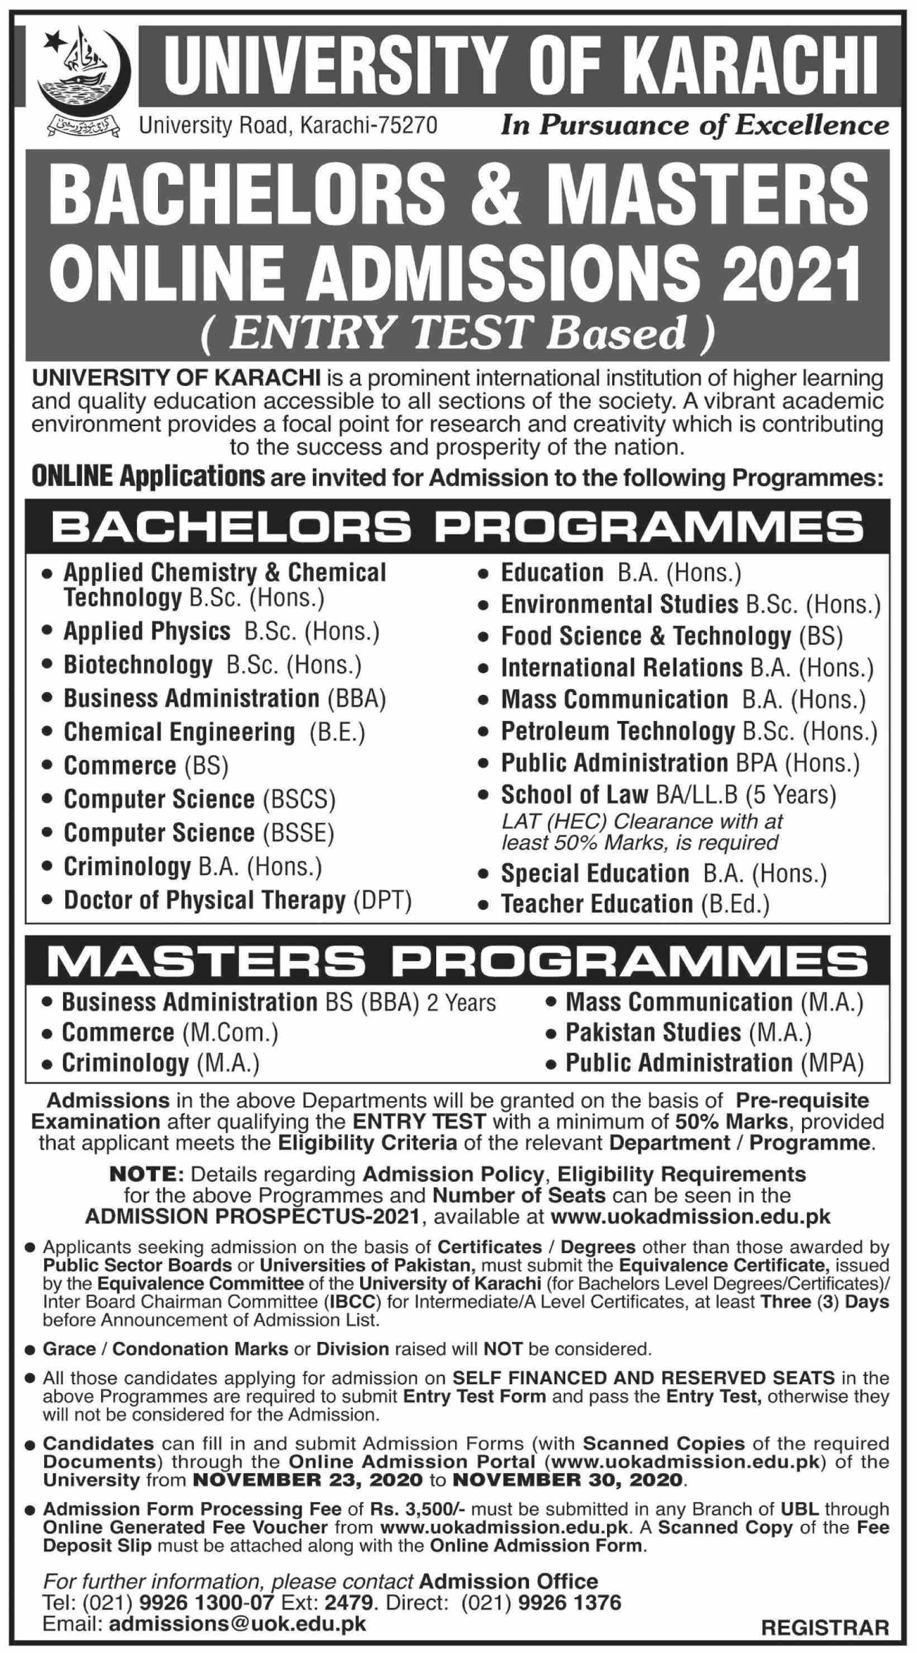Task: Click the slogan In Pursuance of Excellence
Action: tap(695, 125)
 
